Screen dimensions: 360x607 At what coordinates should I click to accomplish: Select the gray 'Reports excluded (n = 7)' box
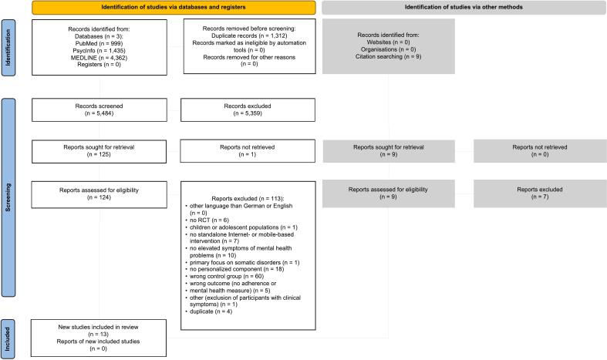pos(538,193)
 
